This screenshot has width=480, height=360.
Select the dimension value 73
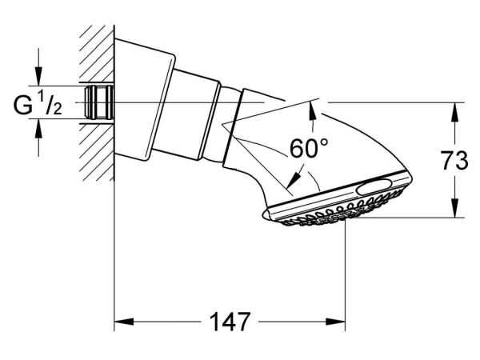[x=454, y=160]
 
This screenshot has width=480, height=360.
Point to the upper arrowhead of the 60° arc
[x=313, y=110]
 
